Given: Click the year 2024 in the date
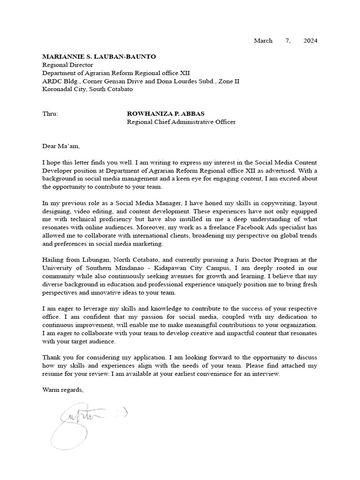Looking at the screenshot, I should click(310, 41).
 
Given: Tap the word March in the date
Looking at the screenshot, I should click(263, 41).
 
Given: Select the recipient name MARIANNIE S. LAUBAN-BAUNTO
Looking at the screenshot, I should click(99, 56).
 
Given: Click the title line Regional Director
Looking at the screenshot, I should click(67, 65).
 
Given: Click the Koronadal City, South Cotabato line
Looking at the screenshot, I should click(87, 89).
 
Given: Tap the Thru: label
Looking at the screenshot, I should click(50, 114).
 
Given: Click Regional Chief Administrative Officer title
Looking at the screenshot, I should click(181, 122).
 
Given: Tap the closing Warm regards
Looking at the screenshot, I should click(63, 390).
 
